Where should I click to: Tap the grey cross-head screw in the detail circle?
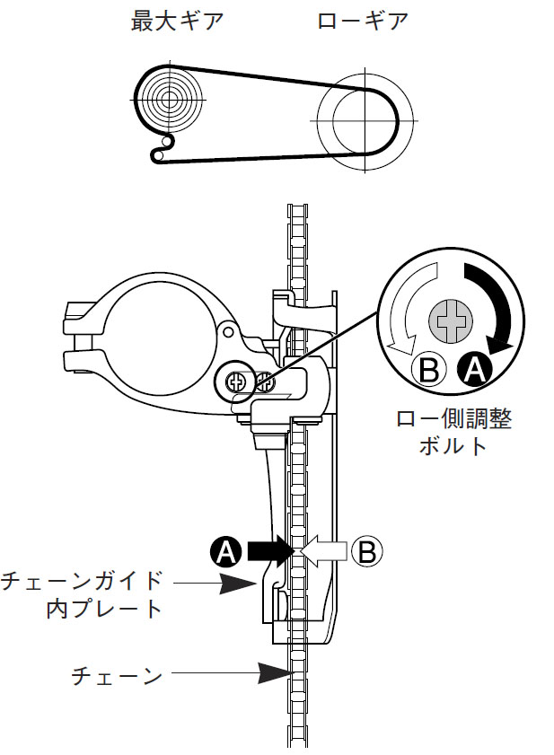[x=450, y=320]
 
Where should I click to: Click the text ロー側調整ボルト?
[x=453, y=432]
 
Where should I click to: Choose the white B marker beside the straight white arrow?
[x=365, y=551]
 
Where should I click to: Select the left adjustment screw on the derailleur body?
[x=237, y=382]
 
